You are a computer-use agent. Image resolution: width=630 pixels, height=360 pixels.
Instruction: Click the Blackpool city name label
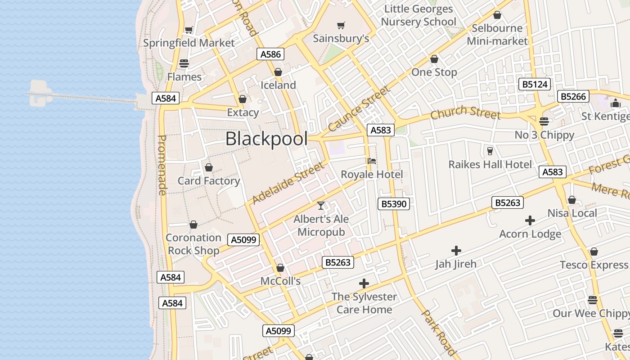266,139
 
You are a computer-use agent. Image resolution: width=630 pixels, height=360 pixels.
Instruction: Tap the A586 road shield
271,54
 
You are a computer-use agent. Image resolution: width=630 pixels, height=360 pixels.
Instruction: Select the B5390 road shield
394,204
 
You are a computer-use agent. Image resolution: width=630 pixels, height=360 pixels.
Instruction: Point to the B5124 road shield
535,84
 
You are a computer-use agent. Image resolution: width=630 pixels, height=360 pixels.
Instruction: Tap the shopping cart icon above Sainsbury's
341,26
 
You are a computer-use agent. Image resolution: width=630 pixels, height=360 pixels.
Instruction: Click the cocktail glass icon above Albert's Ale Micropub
321,206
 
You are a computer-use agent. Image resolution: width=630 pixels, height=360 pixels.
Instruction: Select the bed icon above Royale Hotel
372,161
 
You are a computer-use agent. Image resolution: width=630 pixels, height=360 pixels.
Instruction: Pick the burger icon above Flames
184,63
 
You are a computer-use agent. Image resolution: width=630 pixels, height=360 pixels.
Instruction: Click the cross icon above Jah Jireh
456,251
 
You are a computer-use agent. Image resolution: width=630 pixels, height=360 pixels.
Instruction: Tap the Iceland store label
279,85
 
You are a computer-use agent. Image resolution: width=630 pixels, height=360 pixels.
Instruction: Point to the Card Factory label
209,181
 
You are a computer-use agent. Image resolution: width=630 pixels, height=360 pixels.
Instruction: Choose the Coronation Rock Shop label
193,244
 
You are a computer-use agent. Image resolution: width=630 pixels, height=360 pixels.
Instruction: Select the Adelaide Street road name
288,183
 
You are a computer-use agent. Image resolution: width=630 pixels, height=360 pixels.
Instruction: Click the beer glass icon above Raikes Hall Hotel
490,151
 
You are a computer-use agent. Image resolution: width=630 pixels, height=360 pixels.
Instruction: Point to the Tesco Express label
594,265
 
